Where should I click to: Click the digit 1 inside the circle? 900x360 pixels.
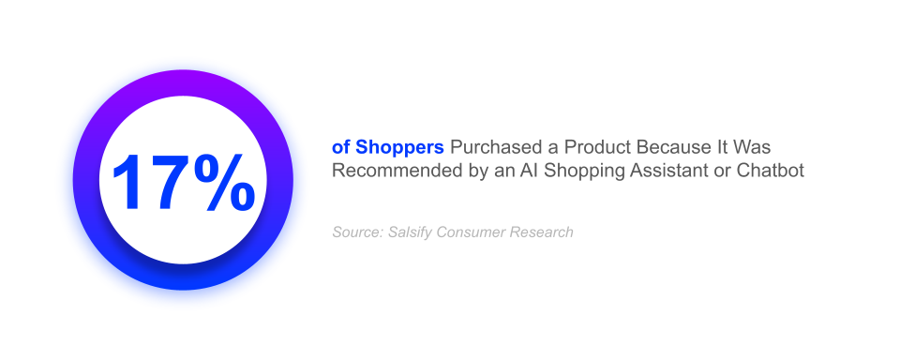(x=127, y=181)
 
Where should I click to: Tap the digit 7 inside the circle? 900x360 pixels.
(x=169, y=181)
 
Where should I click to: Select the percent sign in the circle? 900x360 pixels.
(x=225, y=181)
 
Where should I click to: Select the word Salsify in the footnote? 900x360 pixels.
(x=411, y=232)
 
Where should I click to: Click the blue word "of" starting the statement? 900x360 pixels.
(x=340, y=148)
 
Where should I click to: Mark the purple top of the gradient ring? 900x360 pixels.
(x=183, y=83)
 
